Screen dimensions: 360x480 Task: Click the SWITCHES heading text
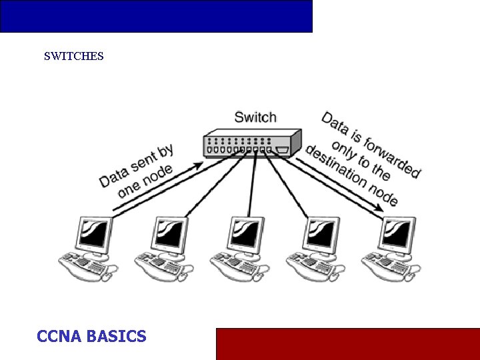tap(73, 57)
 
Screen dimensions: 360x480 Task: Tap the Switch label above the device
tap(255, 117)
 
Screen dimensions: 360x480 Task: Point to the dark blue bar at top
tap(156, 16)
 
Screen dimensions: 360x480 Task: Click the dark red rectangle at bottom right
tap(347, 343)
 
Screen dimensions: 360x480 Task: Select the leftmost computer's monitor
tap(93, 234)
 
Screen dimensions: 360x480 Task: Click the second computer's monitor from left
tap(170, 234)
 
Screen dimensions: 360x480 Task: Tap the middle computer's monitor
tap(246, 234)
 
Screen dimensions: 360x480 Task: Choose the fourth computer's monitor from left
tap(322, 234)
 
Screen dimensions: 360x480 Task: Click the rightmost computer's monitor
tap(397, 234)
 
